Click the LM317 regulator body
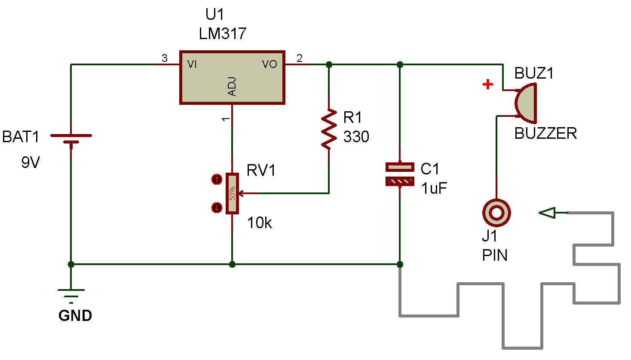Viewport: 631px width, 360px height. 232,77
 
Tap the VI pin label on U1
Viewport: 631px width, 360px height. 192,64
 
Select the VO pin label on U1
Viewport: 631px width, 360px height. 270,64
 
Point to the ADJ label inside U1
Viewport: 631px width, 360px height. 232,86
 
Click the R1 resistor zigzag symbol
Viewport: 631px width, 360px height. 329,129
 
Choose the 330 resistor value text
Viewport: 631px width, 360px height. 356,137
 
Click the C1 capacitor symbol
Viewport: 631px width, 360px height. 400,174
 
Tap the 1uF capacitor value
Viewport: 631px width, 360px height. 434,188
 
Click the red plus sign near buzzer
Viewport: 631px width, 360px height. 487,84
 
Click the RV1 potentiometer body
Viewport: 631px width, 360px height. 232,193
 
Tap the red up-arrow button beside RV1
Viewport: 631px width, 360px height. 217,179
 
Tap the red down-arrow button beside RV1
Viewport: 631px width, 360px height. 217,208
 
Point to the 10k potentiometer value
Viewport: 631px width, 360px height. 259,223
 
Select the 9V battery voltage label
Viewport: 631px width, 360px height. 31,163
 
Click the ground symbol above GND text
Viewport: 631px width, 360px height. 71,296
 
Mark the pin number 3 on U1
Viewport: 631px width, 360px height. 164,58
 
